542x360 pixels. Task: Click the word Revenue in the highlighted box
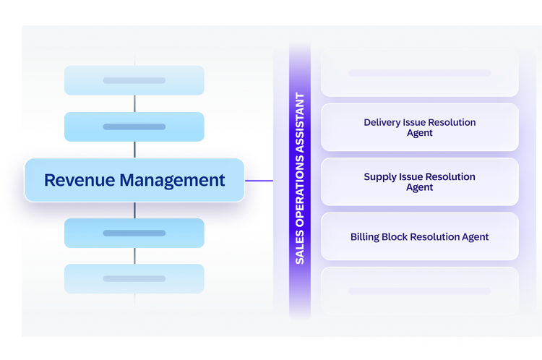tap(79, 180)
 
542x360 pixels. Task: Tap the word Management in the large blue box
tap(173, 181)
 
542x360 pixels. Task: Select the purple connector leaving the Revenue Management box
tap(259, 181)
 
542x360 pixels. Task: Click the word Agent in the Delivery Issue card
tap(420, 134)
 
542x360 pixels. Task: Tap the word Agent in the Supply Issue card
tap(420, 188)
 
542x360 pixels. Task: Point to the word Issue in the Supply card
tap(409, 177)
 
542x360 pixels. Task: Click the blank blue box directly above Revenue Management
tap(134, 127)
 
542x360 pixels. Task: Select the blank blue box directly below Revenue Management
tap(134, 233)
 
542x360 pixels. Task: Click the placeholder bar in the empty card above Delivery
tap(420, 73)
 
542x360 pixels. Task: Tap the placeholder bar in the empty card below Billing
tap(420, 291)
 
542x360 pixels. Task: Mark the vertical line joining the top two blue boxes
tap(134, 103)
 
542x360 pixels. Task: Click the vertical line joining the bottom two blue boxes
tap(134, 256)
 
